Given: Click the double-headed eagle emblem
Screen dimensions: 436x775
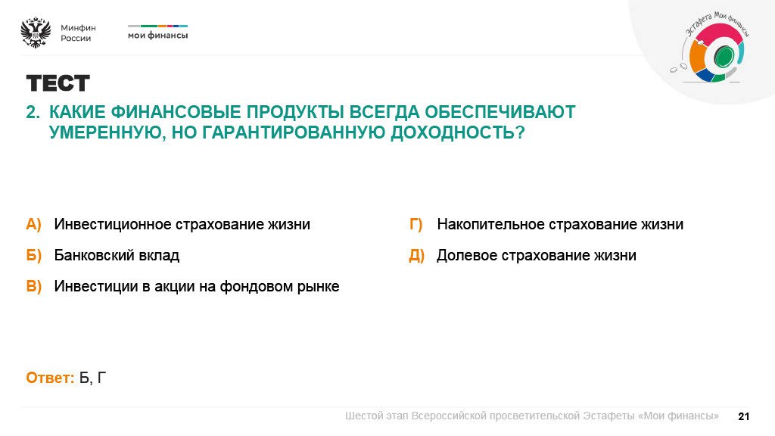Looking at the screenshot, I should (36, 33).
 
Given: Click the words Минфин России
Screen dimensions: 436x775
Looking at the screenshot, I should (77, 33).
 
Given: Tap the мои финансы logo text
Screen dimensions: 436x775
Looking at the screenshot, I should (157, 35).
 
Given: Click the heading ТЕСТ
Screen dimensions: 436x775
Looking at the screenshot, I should (58, 83).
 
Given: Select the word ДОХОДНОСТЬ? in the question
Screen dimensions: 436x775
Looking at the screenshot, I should (457, 132).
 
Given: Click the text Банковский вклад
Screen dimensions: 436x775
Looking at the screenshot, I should (117, 256).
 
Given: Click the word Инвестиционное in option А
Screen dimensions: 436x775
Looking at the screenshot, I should (113, 225).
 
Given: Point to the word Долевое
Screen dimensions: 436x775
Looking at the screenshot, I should (462, 256).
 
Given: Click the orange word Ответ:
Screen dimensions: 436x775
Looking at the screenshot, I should (50, 378).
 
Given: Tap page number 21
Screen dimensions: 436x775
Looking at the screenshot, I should (743, 416).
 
